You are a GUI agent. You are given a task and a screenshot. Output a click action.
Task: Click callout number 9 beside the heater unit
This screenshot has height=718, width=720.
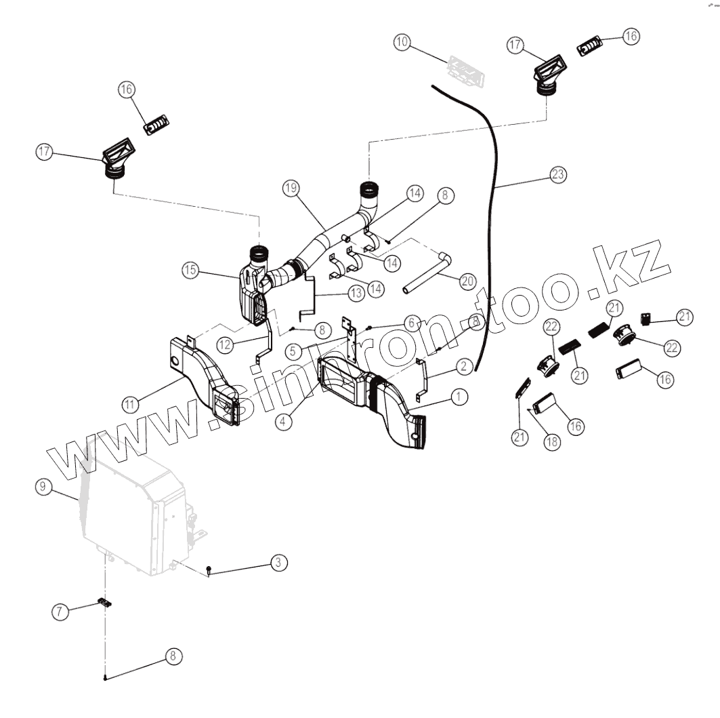[x=42, y=486]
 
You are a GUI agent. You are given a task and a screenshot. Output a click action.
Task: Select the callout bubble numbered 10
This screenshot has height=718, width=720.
[x=402, y=42]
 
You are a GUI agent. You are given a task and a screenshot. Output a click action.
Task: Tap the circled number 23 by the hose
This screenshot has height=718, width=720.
[x=557, y=174]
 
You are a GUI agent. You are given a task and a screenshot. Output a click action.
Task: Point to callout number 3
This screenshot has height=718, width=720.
[x=278, y=562]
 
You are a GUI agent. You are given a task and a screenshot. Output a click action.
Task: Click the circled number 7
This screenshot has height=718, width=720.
[x=60, y=612]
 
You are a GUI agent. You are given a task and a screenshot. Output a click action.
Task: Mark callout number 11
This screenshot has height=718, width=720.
[x=131, y=405]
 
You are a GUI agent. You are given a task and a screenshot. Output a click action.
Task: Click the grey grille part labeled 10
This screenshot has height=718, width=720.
[x=466, y=71]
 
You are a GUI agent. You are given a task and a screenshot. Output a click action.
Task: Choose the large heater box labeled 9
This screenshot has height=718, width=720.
[x=135, y=515]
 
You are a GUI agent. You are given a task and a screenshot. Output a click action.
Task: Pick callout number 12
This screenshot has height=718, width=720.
[x=225, y=344]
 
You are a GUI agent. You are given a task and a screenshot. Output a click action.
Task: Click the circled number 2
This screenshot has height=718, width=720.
[x=463, y=367]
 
